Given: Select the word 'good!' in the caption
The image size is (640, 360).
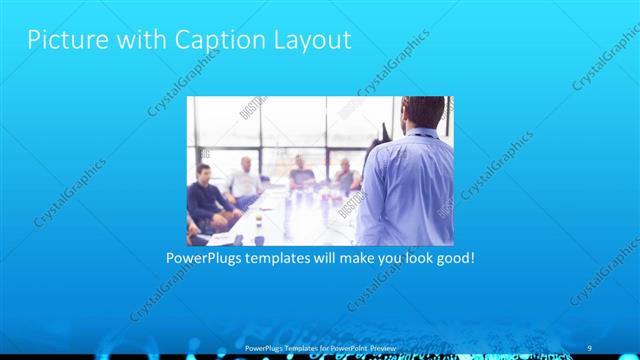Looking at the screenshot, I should [x=453, y=258].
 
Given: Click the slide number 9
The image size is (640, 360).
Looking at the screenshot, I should [x=590, y=347].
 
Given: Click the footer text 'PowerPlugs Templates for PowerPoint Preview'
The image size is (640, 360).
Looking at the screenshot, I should [x=320, y=347].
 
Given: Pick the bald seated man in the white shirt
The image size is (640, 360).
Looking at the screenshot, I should [x=243, y=180].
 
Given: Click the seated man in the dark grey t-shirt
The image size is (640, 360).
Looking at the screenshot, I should [x=302, y=177].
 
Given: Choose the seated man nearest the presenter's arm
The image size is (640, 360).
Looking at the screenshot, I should [x=346, y=178].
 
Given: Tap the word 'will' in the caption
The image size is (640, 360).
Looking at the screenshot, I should [x=329, y=258].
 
